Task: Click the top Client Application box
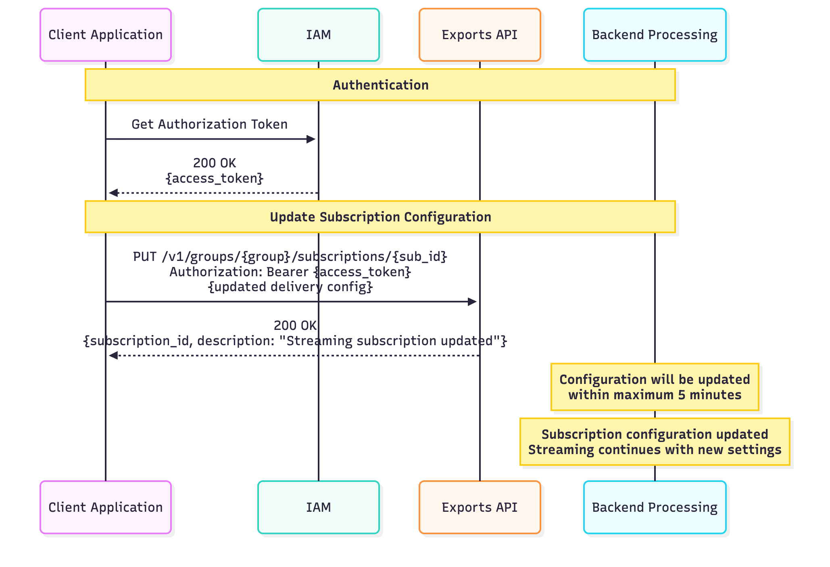(106, 35)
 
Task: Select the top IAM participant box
(318, 35)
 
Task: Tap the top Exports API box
(480, 35)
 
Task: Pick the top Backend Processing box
(655, 35)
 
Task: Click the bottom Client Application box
(106, 507)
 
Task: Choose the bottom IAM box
(318, 507)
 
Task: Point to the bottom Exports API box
(480, 507)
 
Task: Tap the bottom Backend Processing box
(655, 507)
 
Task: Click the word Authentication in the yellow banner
(380, 85)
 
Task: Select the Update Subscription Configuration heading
(380, 217)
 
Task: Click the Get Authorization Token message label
(209, 124)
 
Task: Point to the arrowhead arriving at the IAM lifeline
(311, 139)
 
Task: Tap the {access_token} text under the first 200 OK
(215, 178)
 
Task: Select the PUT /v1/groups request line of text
(290, 256)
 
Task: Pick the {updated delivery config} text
(290, 287)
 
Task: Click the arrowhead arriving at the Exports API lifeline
(472, 302)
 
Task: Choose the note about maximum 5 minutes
(655, 387)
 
